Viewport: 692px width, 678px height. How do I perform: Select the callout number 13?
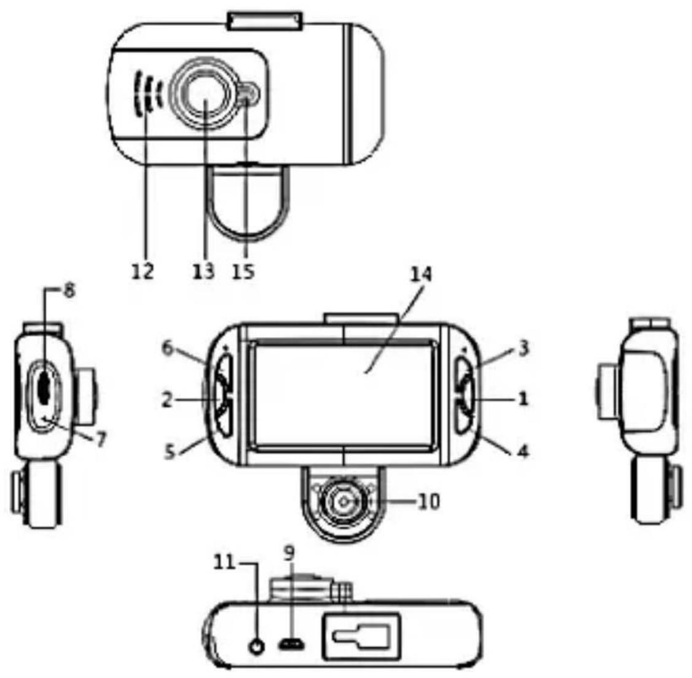click(x=203, y=270)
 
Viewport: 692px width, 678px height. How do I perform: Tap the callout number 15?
click(x=244, y=270)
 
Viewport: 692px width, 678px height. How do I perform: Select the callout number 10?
click(x=429, y=502)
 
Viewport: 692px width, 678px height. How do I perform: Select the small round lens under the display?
click(x=343, y=502)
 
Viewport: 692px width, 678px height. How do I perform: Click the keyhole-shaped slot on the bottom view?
click(x=361, y=636)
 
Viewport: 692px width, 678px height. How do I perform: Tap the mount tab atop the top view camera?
click(x=265, y=20)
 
